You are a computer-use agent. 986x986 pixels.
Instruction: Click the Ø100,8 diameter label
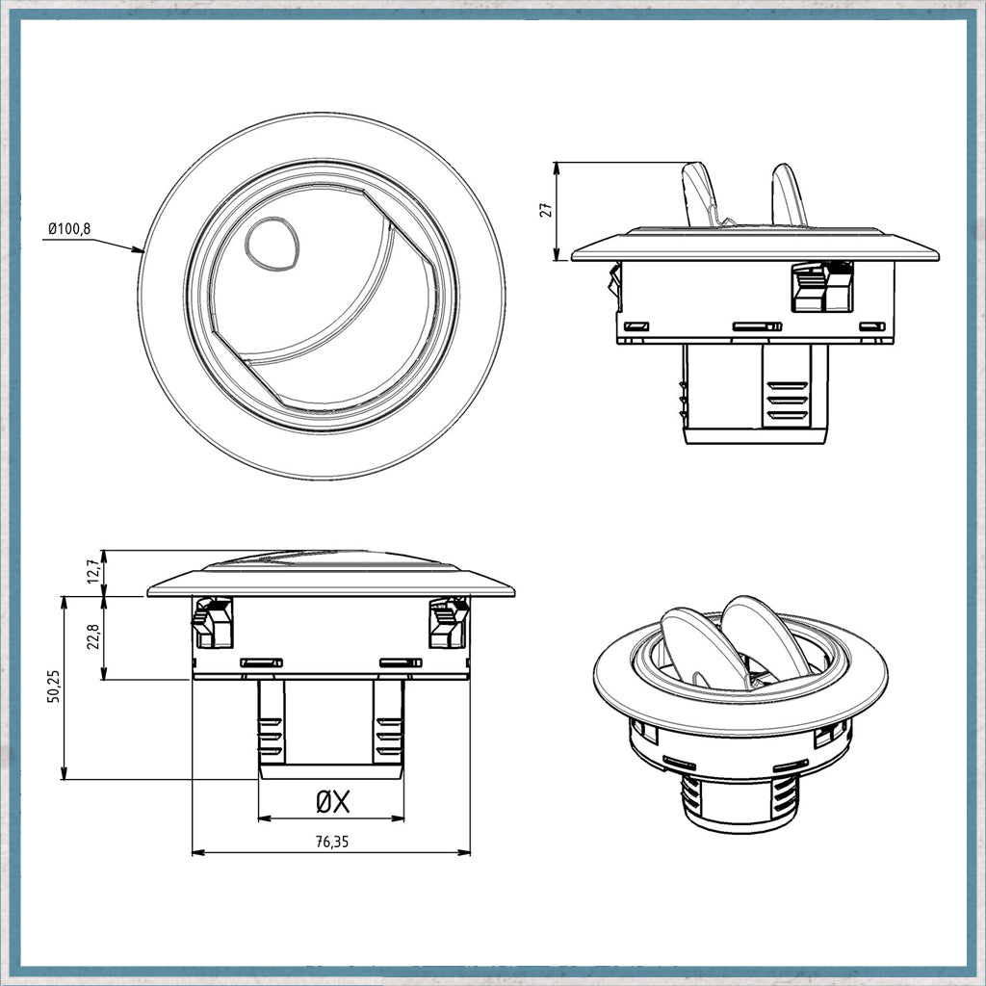coord(69,228)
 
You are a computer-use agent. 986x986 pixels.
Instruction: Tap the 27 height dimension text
coord(547,209)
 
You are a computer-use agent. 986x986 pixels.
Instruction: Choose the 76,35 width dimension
coord(331,842)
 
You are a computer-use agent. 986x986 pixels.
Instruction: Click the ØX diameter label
coord(332,802)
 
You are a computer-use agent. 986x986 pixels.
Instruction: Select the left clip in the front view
coord(213,623)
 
